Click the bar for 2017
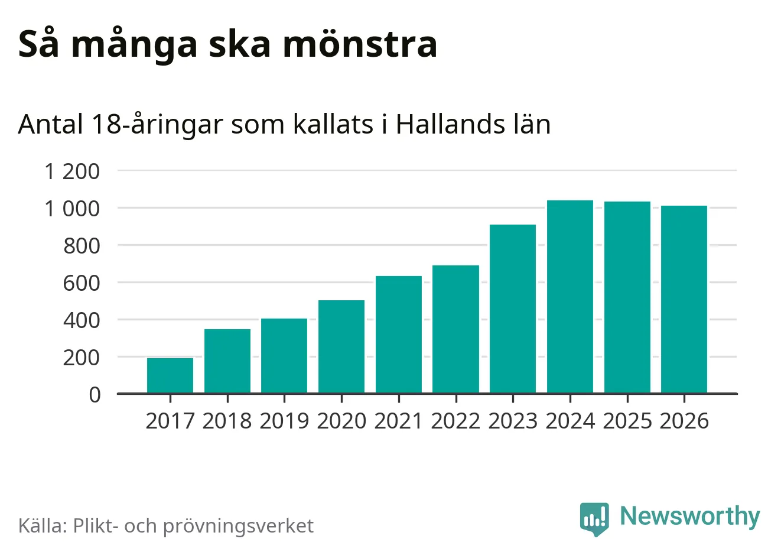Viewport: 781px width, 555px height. click(170, 375)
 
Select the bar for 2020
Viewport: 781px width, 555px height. click(341, 347)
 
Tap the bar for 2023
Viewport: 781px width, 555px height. click(513, 309)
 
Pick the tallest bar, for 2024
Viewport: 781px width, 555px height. click(570, 297)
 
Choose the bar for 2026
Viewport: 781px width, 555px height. click(684, 299)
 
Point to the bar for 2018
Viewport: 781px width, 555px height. click(227, 361)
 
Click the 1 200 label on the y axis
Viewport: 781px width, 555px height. click(73, 171)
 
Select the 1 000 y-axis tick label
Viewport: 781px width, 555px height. click(73, 209)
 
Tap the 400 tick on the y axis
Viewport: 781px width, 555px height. click(82, 320)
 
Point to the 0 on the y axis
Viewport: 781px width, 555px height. click(95, 394)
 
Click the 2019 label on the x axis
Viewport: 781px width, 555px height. click(284, 421)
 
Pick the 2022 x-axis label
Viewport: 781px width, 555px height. click(455, 421)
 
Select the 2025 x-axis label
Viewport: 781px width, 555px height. click(627, 421)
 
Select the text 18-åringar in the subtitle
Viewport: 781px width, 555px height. click(158, 125)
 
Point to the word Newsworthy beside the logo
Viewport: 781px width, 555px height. click(690, 516)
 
